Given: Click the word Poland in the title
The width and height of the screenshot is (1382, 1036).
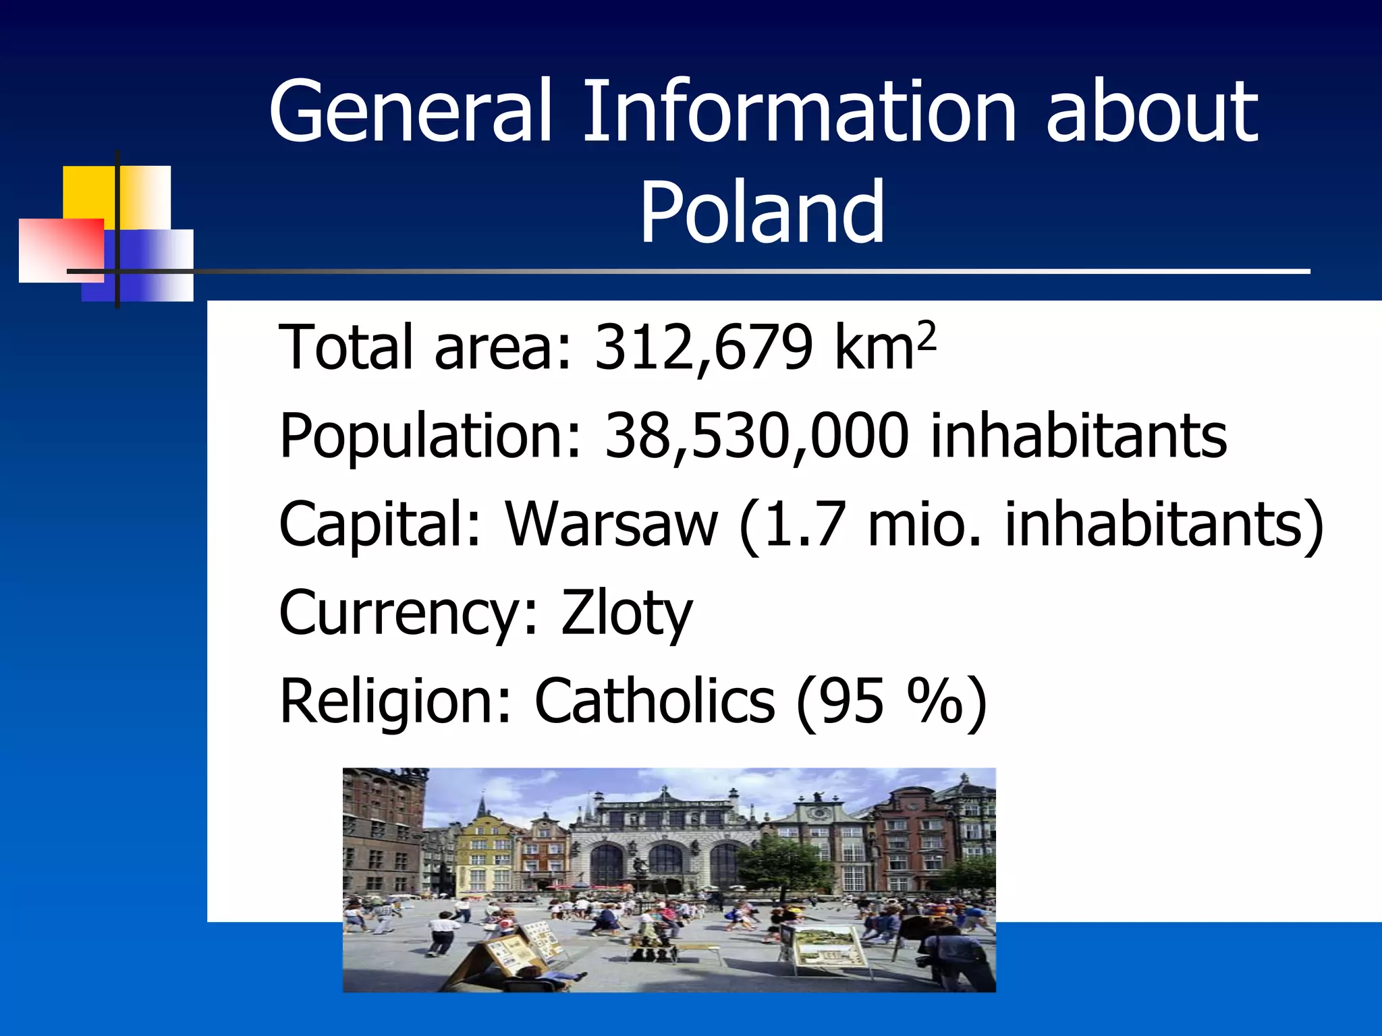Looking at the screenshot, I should pyautogui.click(x=762, y=212).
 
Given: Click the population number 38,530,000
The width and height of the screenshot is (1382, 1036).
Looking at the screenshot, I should pyautogui.click(x=756, y=436).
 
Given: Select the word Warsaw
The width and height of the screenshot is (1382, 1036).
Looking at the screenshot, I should pyautogui.click(x=611, y=525).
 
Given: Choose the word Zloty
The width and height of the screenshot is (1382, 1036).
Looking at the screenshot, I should pyautogui.click(x=626, y=612).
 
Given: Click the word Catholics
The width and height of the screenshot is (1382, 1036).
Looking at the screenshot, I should pyautogui.click(x=654, y=701).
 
